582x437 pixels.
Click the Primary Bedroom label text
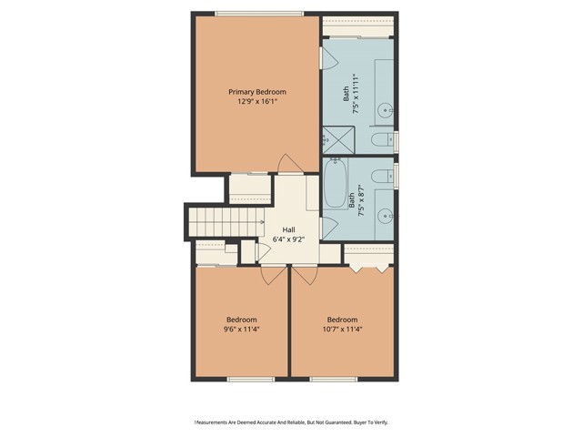(257, 92)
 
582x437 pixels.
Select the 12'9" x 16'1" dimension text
(257, 102)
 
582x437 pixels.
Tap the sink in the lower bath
(385, 217)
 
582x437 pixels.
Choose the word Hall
(288, 229)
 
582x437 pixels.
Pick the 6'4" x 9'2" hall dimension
(288, 239)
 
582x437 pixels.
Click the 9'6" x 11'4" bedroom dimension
(241, 330)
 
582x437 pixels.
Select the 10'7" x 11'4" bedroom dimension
(342, 330)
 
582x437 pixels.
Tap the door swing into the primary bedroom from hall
(289, 164)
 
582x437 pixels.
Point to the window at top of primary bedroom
(259, 13)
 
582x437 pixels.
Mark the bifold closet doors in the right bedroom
(369, 267)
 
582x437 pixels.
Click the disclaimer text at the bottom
(291, 422)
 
